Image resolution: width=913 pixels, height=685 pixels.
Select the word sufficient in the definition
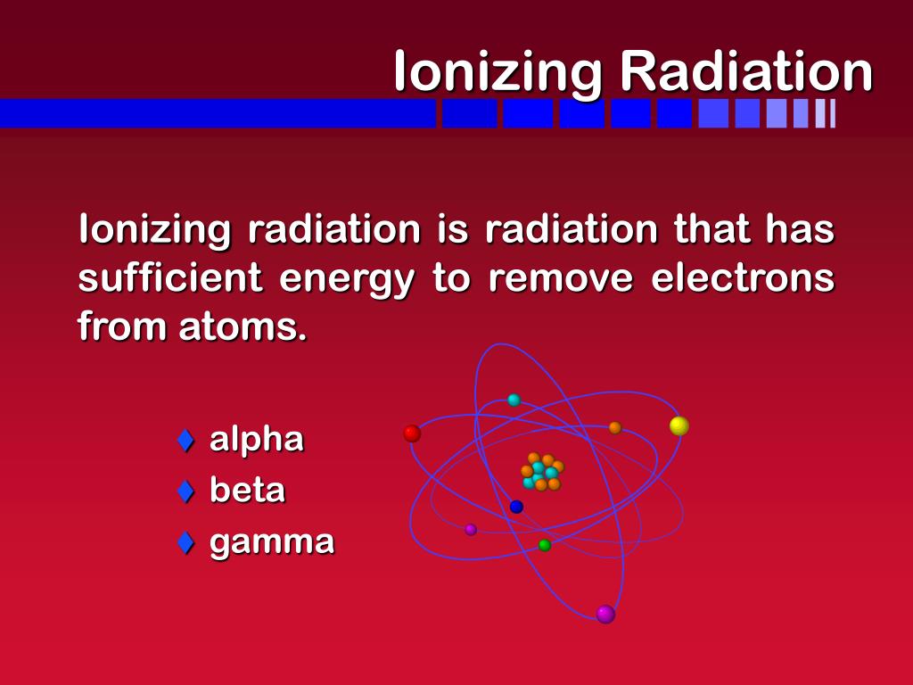(x=170, y=278)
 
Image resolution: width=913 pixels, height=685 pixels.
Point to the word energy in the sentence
(x=347, y=280)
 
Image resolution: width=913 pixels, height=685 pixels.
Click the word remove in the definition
(x=561, y=278)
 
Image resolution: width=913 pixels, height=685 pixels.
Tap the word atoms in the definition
(x=242, y=327)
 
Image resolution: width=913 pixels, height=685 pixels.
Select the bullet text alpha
(x=257, y=440)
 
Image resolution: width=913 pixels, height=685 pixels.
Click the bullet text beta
(x=247, y=491)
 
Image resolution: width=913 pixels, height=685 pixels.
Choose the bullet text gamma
(x=272, y=541)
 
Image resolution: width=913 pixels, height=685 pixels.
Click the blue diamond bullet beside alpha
(x=185, y=440)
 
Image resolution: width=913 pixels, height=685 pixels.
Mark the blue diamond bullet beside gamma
(x=185, y=541)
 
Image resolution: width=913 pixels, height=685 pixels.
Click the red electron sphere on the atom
(x=412, y=433)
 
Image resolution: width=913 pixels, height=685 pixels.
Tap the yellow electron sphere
(x=679, y=426)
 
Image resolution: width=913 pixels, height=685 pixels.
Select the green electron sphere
(x=545, y=545)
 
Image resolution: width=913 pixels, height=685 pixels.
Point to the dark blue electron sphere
(x=516, y=507)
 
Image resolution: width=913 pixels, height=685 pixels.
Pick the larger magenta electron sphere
(x=605, y=614)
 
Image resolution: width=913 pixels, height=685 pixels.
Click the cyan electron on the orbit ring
(x=514, y=400)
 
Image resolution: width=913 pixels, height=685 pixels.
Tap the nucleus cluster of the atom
(x=542, y=472)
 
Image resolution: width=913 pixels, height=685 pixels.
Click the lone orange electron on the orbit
(x=614, y=428)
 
